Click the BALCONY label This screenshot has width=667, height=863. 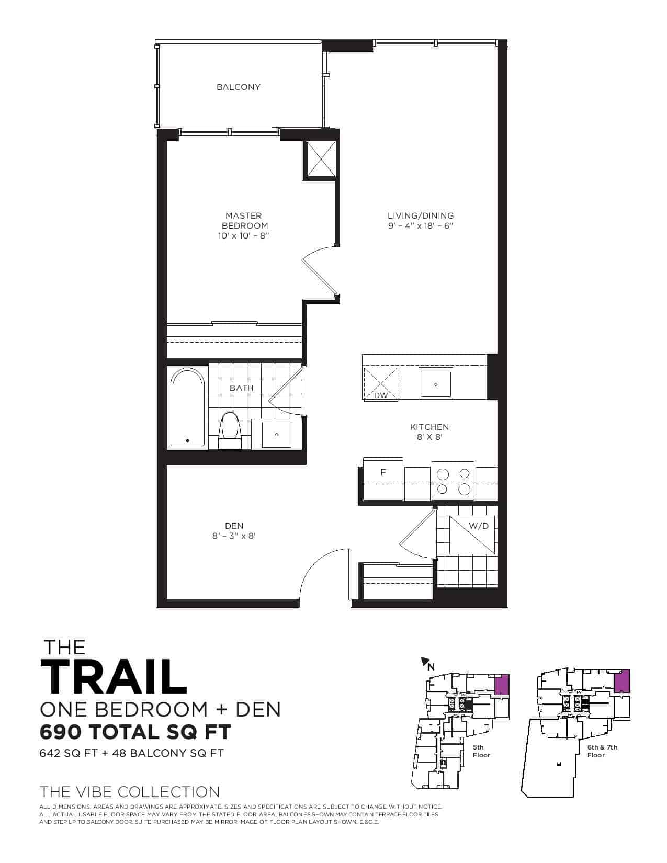239,87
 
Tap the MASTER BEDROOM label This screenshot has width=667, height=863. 244,220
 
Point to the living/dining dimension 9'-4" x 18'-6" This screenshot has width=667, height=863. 421,225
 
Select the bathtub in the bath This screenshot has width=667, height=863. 187,407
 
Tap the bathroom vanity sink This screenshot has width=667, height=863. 277,435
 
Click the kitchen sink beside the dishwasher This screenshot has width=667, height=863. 435,384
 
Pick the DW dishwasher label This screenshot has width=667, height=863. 381,395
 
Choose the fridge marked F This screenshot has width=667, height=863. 383,479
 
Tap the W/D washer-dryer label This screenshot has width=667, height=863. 479,526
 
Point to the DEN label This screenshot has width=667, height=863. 234,526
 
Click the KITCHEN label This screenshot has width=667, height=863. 429,427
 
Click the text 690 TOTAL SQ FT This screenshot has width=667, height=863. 135,732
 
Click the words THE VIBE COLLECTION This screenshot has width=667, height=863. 130,791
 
